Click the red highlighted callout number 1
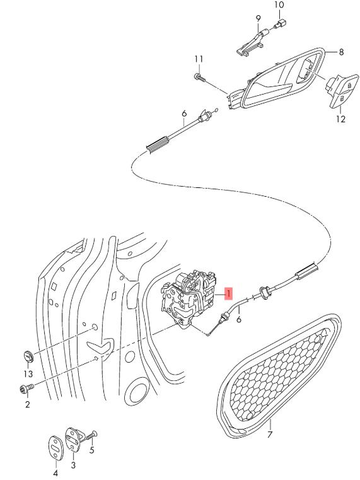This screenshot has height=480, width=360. point(229,293)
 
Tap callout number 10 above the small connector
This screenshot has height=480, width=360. point(279,4)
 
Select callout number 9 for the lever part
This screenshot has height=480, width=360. point(258,18)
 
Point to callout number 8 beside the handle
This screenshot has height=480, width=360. point(341,52)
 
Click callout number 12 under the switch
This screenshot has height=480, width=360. point(340,119)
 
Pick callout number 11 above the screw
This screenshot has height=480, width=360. point(199,59)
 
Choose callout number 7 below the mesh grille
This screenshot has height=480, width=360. point(269,434)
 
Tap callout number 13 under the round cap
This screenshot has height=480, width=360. point(28,373)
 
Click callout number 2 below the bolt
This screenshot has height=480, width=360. point(28,404)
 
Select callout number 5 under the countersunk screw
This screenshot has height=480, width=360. point(92,450)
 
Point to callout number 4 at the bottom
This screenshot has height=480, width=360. point(55,474)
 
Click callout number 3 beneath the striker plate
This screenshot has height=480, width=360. point(73,465)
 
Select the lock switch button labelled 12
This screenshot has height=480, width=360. point(342,91)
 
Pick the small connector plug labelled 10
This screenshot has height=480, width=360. point(281,23)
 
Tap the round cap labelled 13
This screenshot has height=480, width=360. point(28,356)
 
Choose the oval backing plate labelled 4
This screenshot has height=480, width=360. point(56,448)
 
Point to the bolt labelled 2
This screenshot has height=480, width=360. point(26,389)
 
